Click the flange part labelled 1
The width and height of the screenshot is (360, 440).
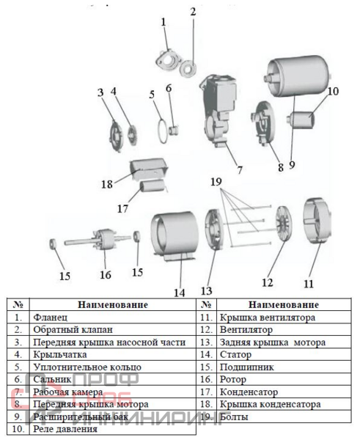[167, 61]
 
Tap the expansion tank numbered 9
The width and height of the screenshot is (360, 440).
[298, 76]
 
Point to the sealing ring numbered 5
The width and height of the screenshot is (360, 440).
[162, 131]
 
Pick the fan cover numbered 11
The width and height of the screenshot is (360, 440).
[317, 221]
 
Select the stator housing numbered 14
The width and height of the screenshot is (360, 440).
[174, 236]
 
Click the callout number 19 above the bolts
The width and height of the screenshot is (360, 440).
[216, 182]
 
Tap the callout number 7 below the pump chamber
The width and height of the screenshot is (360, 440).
[240, 170]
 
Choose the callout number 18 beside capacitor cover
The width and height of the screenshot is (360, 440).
[107, 184]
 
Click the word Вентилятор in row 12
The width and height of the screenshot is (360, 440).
[246, 330]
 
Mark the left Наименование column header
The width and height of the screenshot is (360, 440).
[112, 305]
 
